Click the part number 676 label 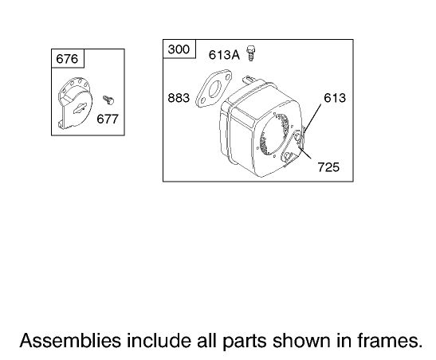coord(67,59)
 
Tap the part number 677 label coord(108,119)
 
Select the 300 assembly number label coord(179,49)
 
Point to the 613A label coord(224,55)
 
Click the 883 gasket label coord(179,98)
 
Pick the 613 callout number coord(335,98)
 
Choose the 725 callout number coord(328,167)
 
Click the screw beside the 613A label coord(251,53)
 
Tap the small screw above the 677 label coord(108,100)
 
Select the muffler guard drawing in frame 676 coord(74,103)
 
